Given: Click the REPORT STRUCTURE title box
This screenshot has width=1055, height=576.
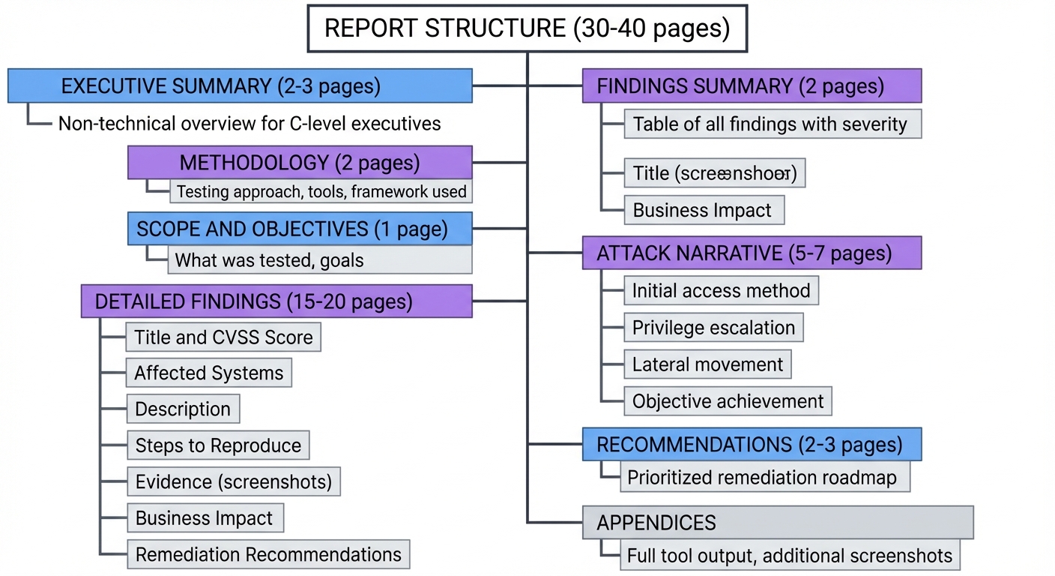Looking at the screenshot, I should [x=527, y=28].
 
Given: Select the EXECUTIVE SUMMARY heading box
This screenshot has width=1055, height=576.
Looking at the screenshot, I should [x=240, y=85].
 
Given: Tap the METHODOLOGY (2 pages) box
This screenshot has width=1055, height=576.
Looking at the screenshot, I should [x=300, y=162].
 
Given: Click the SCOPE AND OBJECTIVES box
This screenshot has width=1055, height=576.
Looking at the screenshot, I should [x=300, y=229].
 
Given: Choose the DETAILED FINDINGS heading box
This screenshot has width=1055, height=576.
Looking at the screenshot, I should [x=276, y=301].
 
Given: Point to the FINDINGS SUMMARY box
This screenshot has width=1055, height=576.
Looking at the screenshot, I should [x=752, y=85].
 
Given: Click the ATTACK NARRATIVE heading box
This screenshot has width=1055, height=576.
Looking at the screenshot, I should [x=752, y=253].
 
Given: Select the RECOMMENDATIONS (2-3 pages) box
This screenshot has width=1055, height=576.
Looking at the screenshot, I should [x=752, y=444].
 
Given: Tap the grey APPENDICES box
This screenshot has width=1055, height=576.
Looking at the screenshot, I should [x=778, y=522].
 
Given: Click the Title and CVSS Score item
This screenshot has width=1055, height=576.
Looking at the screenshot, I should [x=223, y=337].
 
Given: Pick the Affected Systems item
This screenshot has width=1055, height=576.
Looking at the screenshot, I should [x=209, y=373].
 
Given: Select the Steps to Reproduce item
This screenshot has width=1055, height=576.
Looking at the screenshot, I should [x=218, y=445].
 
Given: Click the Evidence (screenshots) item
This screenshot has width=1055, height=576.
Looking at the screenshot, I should [x=233, y=481].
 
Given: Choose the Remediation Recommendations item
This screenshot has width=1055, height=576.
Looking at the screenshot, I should [x=268, y=554].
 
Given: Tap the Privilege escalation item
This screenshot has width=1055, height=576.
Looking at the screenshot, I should [x=713, y=328].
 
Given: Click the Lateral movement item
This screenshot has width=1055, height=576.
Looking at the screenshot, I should [x=707, y=364].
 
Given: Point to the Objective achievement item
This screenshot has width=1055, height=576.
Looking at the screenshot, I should [x=728, y=401].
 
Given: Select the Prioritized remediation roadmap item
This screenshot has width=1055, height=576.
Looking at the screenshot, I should [x=764, y=477].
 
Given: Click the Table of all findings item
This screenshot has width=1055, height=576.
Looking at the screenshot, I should [x=772, y=124].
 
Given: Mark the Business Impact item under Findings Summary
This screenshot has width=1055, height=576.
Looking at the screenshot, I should [x=704, y=211].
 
